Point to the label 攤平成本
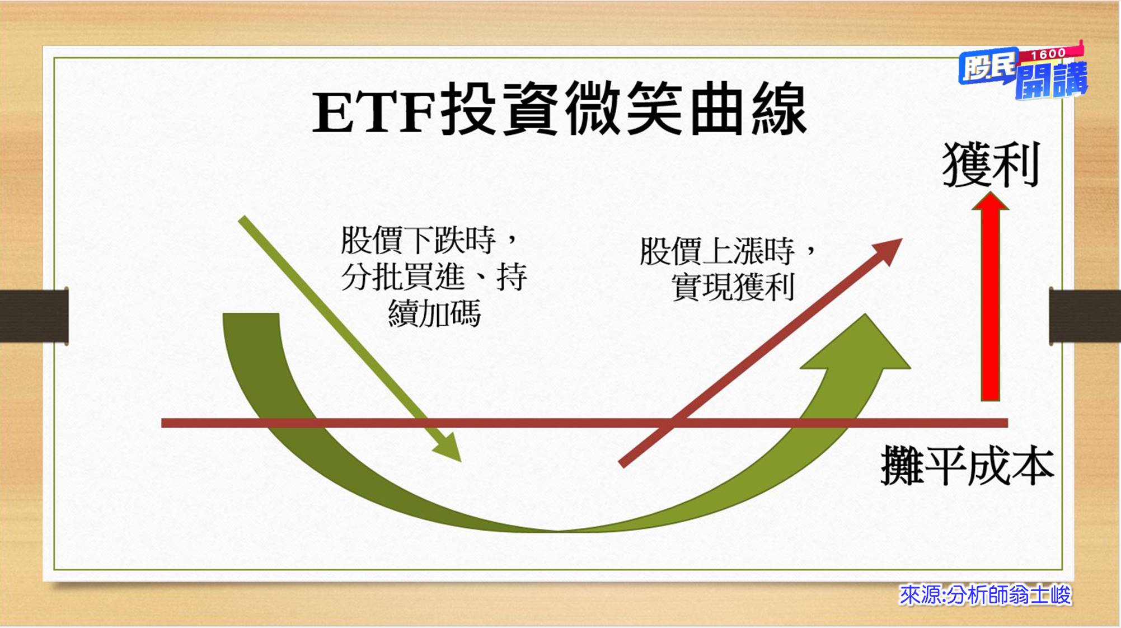967,466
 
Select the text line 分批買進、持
434,276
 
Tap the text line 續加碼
434,313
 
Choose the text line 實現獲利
733,287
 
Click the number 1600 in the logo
1047,54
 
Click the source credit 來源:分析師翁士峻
984,595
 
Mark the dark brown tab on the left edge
34,316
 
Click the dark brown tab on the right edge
1085,316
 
